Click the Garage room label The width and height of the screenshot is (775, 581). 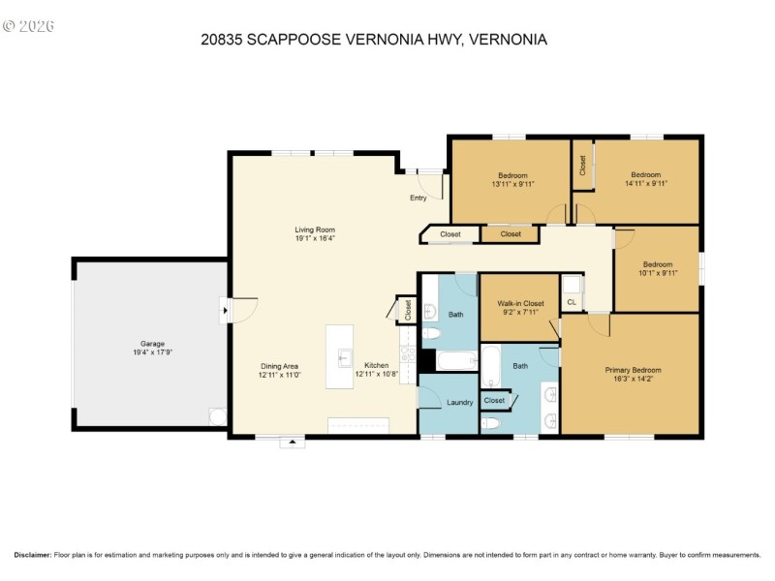[x=152, y=344]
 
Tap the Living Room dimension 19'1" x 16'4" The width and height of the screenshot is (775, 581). [x=316, y=238]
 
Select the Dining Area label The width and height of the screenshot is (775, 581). [x=279, y=366]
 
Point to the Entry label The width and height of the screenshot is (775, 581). [x=418, y=198]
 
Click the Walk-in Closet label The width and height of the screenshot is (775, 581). [x=520, y=303]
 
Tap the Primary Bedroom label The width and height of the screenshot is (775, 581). [x=634, y=370]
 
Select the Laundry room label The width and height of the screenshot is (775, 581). [x=459, y=402]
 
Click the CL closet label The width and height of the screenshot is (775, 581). [x=572, y=302]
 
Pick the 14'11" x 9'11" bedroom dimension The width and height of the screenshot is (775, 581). [x=646, y=183]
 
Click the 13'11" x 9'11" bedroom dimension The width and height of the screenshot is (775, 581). [x=513, y=184]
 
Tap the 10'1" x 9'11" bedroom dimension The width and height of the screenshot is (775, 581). [x=658, y=273]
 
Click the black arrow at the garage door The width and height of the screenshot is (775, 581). [x=226, y=310]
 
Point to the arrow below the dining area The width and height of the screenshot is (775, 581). [x=293, y=442]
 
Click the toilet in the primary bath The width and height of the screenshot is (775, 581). [x=491, y=423]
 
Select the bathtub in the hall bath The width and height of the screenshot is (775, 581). [x=456, y=360]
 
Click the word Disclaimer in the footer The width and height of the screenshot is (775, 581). [x=33, y=555]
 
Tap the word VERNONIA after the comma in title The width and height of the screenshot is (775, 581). [x=508, y=40]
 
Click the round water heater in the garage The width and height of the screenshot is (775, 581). [x=217, y=416]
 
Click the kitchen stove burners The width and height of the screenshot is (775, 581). [x=408, y=354]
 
